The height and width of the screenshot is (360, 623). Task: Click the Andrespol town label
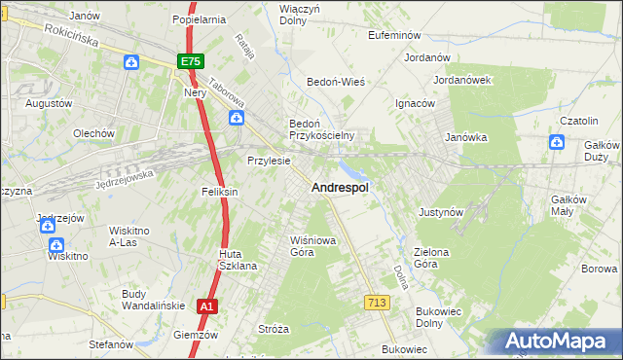point(339,188)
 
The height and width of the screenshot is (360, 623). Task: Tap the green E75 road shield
point(190,60)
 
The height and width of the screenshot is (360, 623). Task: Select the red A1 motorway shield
point(205,306)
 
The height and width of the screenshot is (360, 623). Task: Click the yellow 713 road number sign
point(378,303)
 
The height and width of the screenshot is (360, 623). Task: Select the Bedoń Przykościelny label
point(320,129)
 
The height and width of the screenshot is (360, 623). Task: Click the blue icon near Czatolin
point(556,142)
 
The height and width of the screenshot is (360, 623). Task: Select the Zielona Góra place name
point(431,258)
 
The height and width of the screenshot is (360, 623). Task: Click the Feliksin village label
point(220,193)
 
